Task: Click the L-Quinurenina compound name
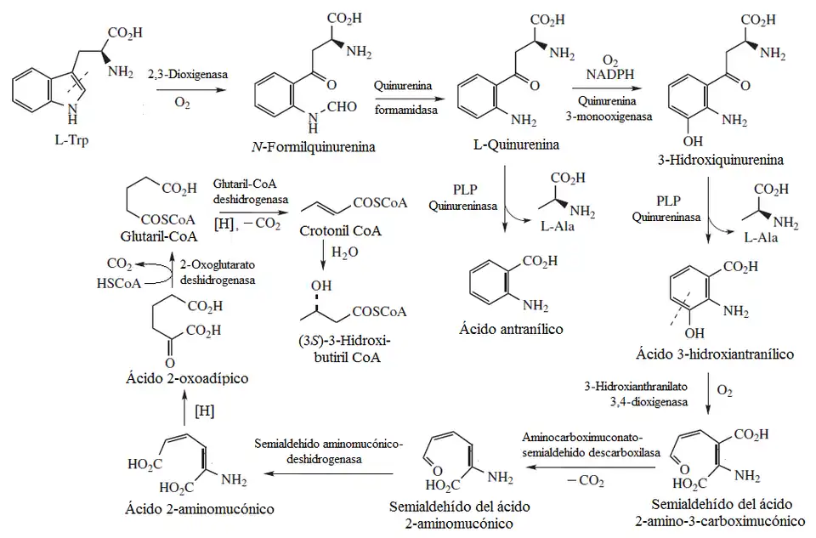(x=518, y=144)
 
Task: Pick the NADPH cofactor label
(x=609, y=76)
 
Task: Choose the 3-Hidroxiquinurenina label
(x=731, y=160)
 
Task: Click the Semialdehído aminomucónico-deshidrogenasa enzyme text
(x=329, y=450)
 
